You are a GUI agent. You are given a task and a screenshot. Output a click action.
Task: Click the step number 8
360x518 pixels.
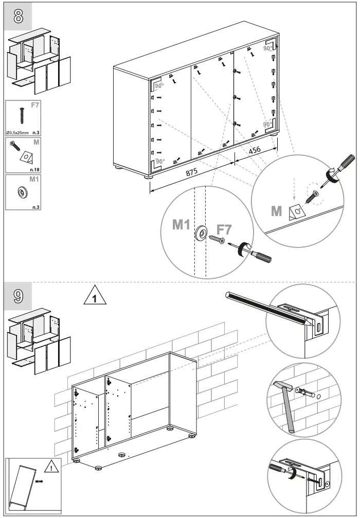(x=18, y=16)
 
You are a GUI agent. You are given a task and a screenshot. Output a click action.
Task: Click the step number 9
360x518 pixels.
(x=18, y=296)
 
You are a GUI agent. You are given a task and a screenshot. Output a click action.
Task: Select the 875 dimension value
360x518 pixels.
(x=191, y=173)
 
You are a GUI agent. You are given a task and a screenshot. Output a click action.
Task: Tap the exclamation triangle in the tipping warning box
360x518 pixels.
(x=52, y=467)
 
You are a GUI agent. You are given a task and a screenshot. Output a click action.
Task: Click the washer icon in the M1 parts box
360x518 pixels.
(x=23, y=192)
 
